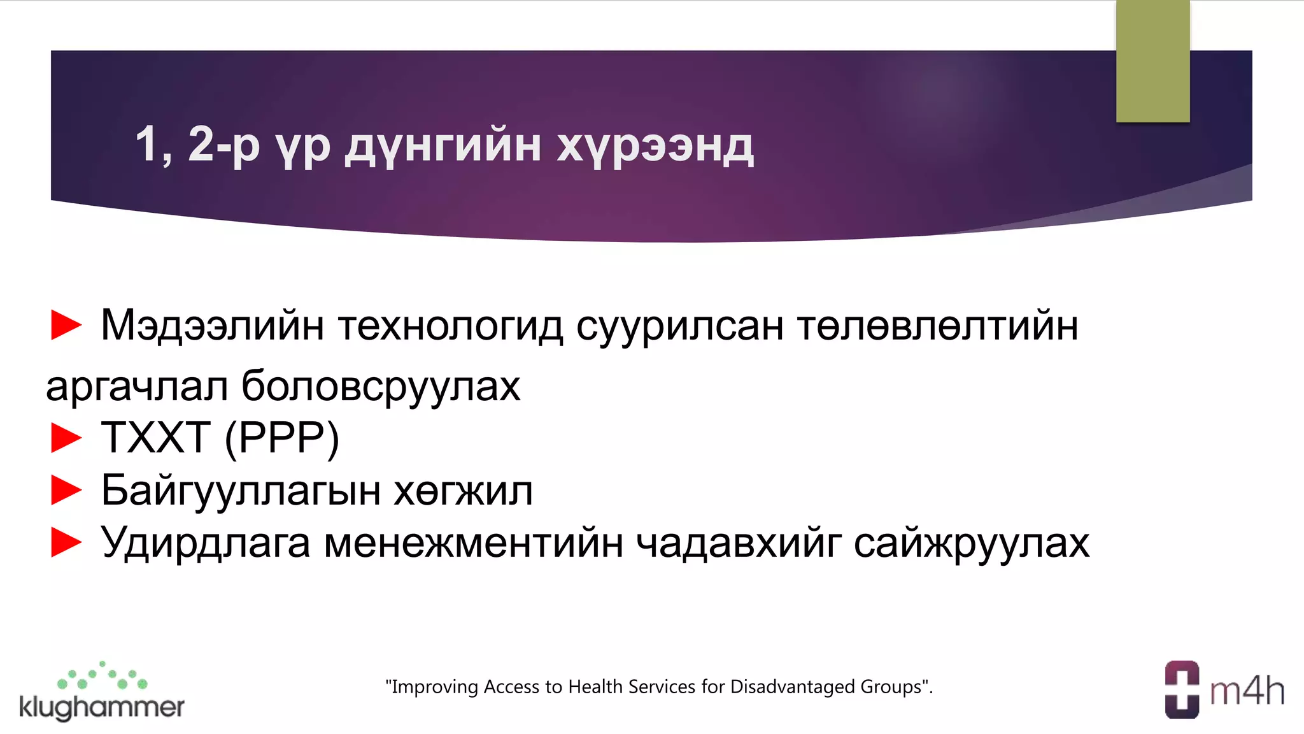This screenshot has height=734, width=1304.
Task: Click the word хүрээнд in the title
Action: coord(655,146)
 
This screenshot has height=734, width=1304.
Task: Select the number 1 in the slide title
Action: coord(146,144)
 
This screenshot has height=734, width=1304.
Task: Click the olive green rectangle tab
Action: coord(1152,61)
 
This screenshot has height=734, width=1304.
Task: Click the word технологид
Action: coord(451,326)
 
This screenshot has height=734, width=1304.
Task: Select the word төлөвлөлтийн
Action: coord(937,326)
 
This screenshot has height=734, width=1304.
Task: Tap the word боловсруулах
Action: coord(381,386)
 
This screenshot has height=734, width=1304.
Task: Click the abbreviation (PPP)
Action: coord(282,438)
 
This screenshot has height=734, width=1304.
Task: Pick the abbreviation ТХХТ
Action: coord(156,438)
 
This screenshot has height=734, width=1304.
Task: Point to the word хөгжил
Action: coord(464,491)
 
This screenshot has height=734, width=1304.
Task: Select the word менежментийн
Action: coord(473,543)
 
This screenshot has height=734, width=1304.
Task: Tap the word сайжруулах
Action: coord(971,543)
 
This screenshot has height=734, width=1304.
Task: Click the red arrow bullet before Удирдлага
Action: coord(66,542)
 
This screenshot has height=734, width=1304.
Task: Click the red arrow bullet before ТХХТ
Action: coord(66,438)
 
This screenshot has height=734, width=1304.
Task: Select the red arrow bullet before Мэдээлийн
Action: coord(66,324)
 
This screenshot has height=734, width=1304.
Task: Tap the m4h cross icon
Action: coord(1182,689)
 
